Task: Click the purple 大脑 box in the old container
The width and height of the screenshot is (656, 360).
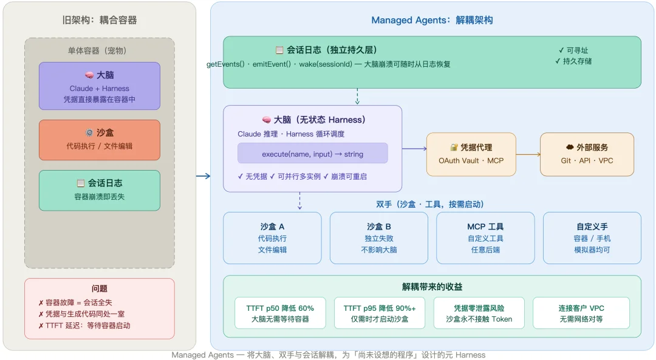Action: [x=100, y=86]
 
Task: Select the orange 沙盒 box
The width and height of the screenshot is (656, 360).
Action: [x=100, y=140]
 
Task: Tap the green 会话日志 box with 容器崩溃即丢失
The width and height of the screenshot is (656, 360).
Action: [x=100, y=190]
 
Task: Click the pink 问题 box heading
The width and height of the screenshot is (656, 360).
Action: [x=100, y=289]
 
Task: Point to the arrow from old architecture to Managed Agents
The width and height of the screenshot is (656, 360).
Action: [x=203, y=176]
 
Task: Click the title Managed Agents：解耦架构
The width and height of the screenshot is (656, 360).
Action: [x=432, y=20]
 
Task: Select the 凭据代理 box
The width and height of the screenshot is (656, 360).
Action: [x=471, y=154]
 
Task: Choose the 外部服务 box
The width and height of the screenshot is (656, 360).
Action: [x=587, y=154]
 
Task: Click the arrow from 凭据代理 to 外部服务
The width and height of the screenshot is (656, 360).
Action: [x=528, y=154]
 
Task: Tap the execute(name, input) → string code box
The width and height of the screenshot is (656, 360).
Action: [x=312, y=154]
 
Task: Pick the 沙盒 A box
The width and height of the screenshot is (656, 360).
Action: [x=272, y=237]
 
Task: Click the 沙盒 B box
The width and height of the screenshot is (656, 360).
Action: [x=379, y=237]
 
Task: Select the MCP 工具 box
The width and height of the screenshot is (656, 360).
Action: [x=485, y=237]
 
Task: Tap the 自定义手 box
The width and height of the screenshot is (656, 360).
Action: [x=592, y=237]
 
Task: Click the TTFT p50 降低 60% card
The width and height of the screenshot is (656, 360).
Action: [x=280, y=313]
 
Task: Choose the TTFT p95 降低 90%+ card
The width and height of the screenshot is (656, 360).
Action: [x=380, y=313]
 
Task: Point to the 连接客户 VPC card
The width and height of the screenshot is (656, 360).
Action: [x=581, y=313]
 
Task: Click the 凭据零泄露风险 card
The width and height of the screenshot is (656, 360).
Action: [x=479, y=313]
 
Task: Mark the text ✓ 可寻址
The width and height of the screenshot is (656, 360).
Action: [x=573, y=50]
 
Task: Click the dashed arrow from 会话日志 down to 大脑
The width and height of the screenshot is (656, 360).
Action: [x=357, y=97]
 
